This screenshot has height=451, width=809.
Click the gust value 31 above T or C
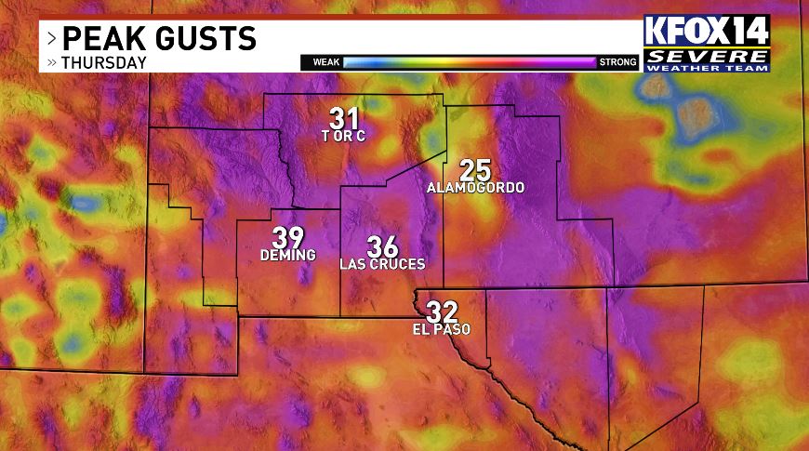[x=344, y=118]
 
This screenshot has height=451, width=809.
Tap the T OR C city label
[x=344, y=137]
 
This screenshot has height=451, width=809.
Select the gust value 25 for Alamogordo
[x=475, y=170]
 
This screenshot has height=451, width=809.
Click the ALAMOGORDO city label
[x=475, y=188]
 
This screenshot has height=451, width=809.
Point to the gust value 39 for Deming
[x=287, y=238]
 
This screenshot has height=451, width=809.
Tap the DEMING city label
[x=287, y=255]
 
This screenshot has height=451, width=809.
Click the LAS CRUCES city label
[x=382, y=264]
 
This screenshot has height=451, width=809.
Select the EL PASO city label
[x=442, y=329]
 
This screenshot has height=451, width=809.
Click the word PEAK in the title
[x=104, y=39]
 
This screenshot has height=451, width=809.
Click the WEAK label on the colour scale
[x=325, y=62]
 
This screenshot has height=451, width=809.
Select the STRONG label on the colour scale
[x=618, y=62]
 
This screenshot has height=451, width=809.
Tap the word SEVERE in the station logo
[x=708, y=55]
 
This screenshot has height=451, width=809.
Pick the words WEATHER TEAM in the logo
[x=708, y=66]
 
